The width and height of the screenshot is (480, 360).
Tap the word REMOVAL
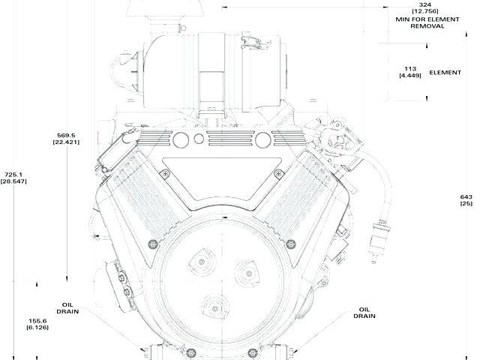tap(427, 25)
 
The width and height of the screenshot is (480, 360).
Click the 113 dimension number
tap(409, 66)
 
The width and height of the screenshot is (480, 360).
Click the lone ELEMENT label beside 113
tap(445, 73)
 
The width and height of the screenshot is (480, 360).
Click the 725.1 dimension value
tap(13, 173)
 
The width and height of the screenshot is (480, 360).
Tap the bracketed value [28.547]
tap(13, 181)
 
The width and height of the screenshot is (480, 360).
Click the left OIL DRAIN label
tap(67, 309)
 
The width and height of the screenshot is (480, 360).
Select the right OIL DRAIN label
tap(365, 312)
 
